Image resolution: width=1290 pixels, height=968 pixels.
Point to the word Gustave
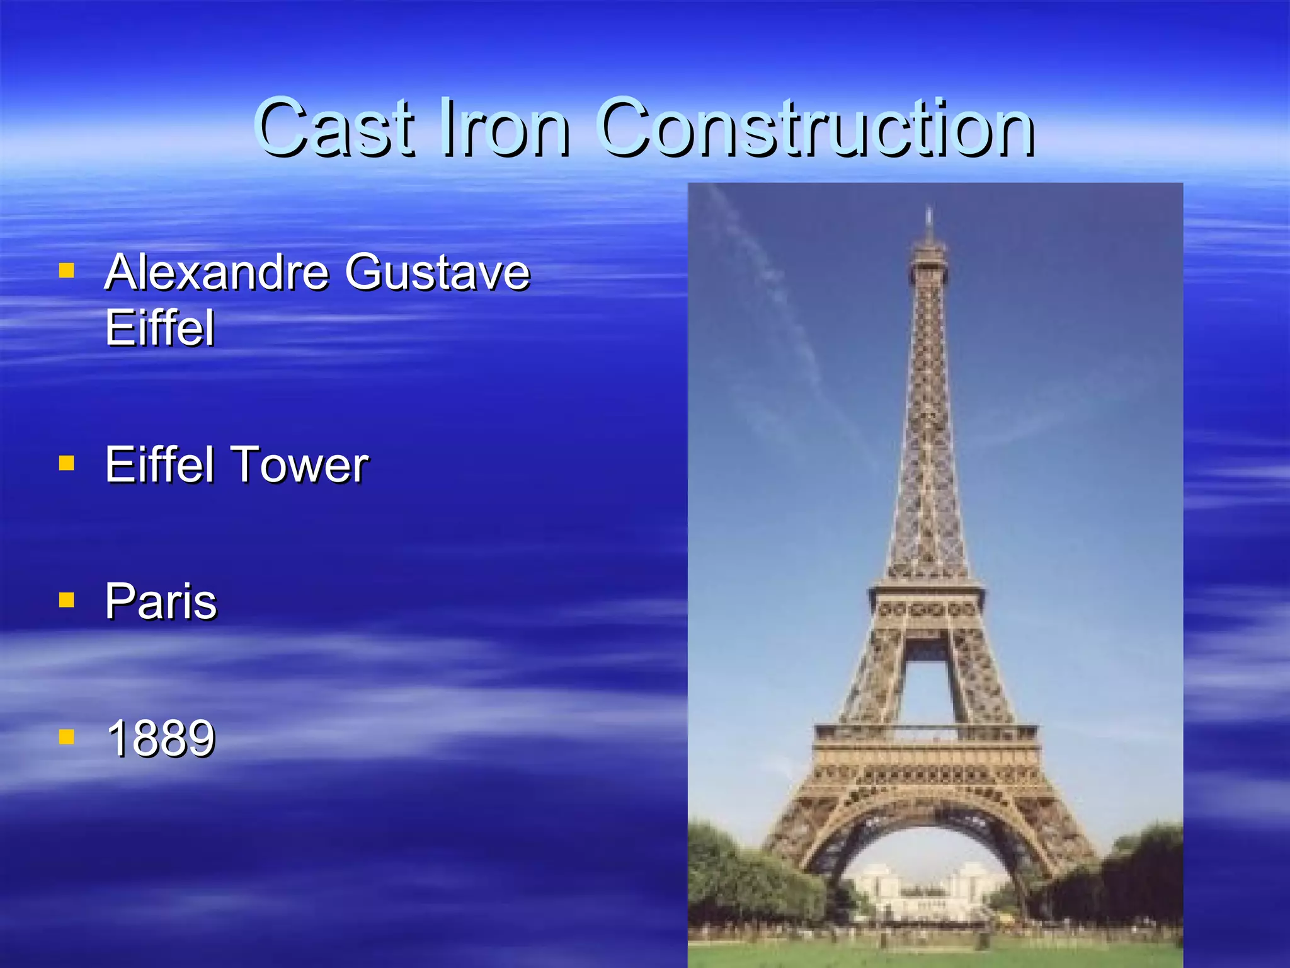tap(437, 272)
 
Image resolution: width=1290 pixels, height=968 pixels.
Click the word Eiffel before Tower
tap(160, 465)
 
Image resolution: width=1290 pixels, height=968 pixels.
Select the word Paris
tap(161, 602)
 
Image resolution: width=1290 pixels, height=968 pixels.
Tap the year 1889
tap(161, 738)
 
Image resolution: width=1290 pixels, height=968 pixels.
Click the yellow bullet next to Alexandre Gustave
tap(66, 271)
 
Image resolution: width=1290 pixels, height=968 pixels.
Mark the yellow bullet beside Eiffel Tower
tap(66, 464)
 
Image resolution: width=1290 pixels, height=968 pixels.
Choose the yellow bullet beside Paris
tap(66, 600)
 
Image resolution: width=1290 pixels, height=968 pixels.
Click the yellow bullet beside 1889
tap(66, 737)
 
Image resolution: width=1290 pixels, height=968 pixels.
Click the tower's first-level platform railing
tap(926, 733)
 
